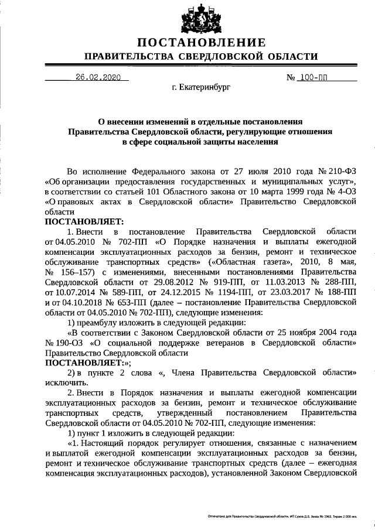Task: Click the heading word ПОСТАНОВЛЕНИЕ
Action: (202, 43)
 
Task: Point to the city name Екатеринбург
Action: (201, 89)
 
